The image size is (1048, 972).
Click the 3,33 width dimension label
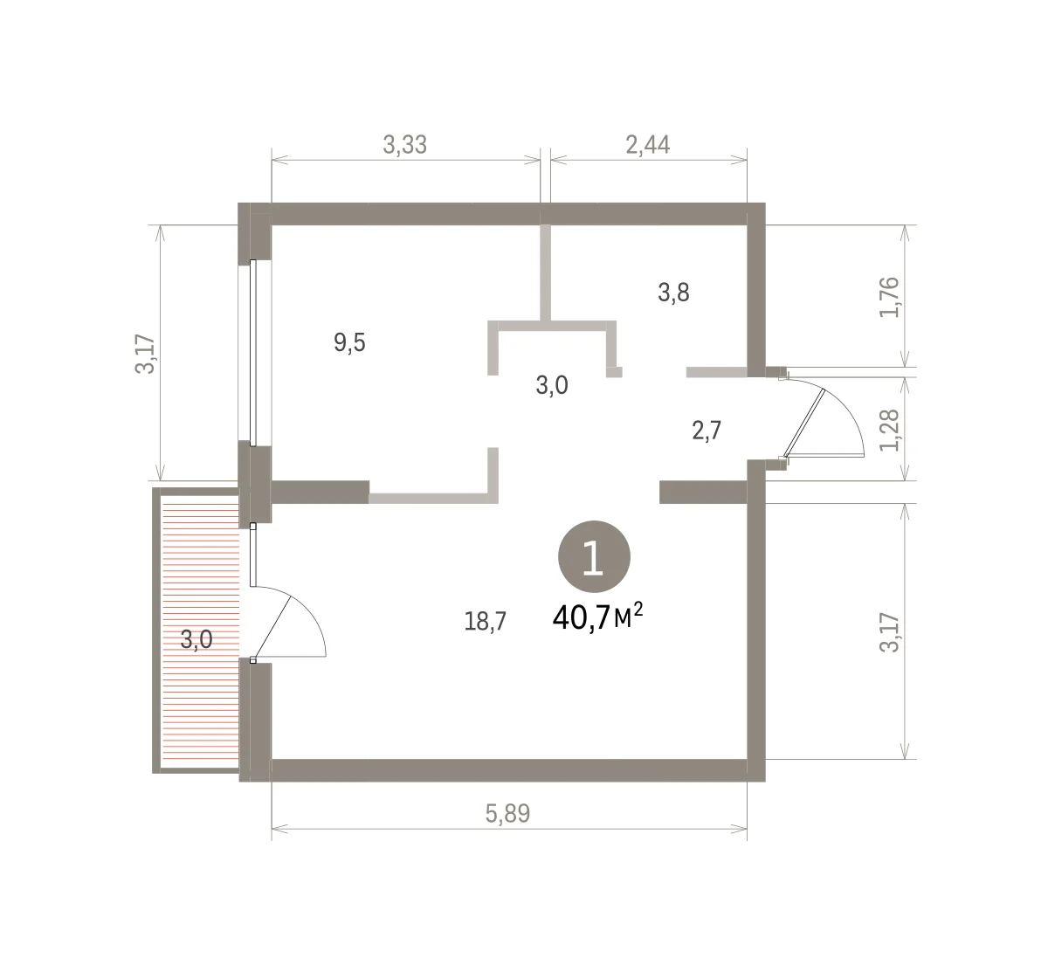tap(404, 145)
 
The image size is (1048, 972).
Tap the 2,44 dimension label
tap(648, 145)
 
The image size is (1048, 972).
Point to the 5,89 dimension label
tap(507, 813)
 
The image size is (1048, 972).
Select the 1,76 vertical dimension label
tap(889, 297)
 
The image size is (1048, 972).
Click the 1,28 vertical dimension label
tap(889, 430)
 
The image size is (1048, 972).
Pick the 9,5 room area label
tap(349, 342)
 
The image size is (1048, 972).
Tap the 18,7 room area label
tap(485, 621)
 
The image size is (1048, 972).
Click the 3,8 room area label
tap(673, 293)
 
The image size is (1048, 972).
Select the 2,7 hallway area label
tap(707, 431)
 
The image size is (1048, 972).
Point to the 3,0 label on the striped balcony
tap(196, 639)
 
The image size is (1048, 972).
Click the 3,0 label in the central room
tap(552, 385)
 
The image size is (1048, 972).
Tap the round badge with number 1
tap(594, 556)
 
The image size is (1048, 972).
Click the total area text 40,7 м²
tap(597, 617)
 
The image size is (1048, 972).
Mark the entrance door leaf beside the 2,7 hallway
tap(804, 423)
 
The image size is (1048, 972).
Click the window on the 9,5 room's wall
tap(252, 353)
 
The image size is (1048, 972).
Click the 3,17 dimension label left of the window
tap(145, 354)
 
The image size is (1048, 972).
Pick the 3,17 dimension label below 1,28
tap(889, 632)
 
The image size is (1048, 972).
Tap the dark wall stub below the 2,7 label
tap(703, 493)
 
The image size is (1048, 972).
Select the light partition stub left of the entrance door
tap(717, 372)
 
